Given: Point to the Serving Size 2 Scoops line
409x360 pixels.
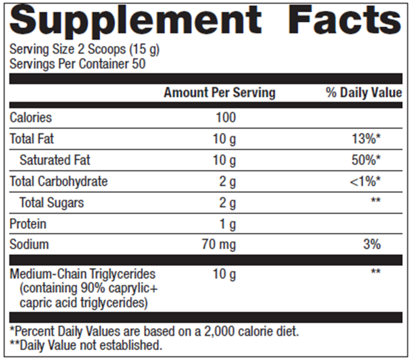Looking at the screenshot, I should (x=84, y=50).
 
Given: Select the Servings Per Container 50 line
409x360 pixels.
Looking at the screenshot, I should (x=77, y=64).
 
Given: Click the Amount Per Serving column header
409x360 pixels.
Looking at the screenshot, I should (x=220, y=93).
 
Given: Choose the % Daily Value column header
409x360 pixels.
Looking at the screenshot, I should (x=364, y=93).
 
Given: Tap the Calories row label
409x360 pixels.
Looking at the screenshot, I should (x=31, y=118).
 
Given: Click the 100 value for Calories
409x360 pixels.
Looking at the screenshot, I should (x=226, y=118).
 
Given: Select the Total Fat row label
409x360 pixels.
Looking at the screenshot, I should (x=31, y=139).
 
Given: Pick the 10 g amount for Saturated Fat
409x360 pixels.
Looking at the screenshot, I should (x=224, y=160).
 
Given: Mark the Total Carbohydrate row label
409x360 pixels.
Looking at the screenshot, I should (x=58, y=181).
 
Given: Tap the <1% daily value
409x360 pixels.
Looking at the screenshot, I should (x=365, y=182).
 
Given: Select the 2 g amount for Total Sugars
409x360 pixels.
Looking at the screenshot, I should (x=227, y=202).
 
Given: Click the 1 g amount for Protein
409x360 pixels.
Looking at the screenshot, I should (x=228, y=224).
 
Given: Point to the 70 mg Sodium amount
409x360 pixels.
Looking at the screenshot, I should (x=218, y=245).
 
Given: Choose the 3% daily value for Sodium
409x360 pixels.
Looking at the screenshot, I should (x=372, y=245).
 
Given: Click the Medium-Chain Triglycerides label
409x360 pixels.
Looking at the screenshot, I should (x=83, y=274).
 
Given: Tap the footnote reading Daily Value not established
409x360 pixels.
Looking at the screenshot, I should (x=85, y=345).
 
